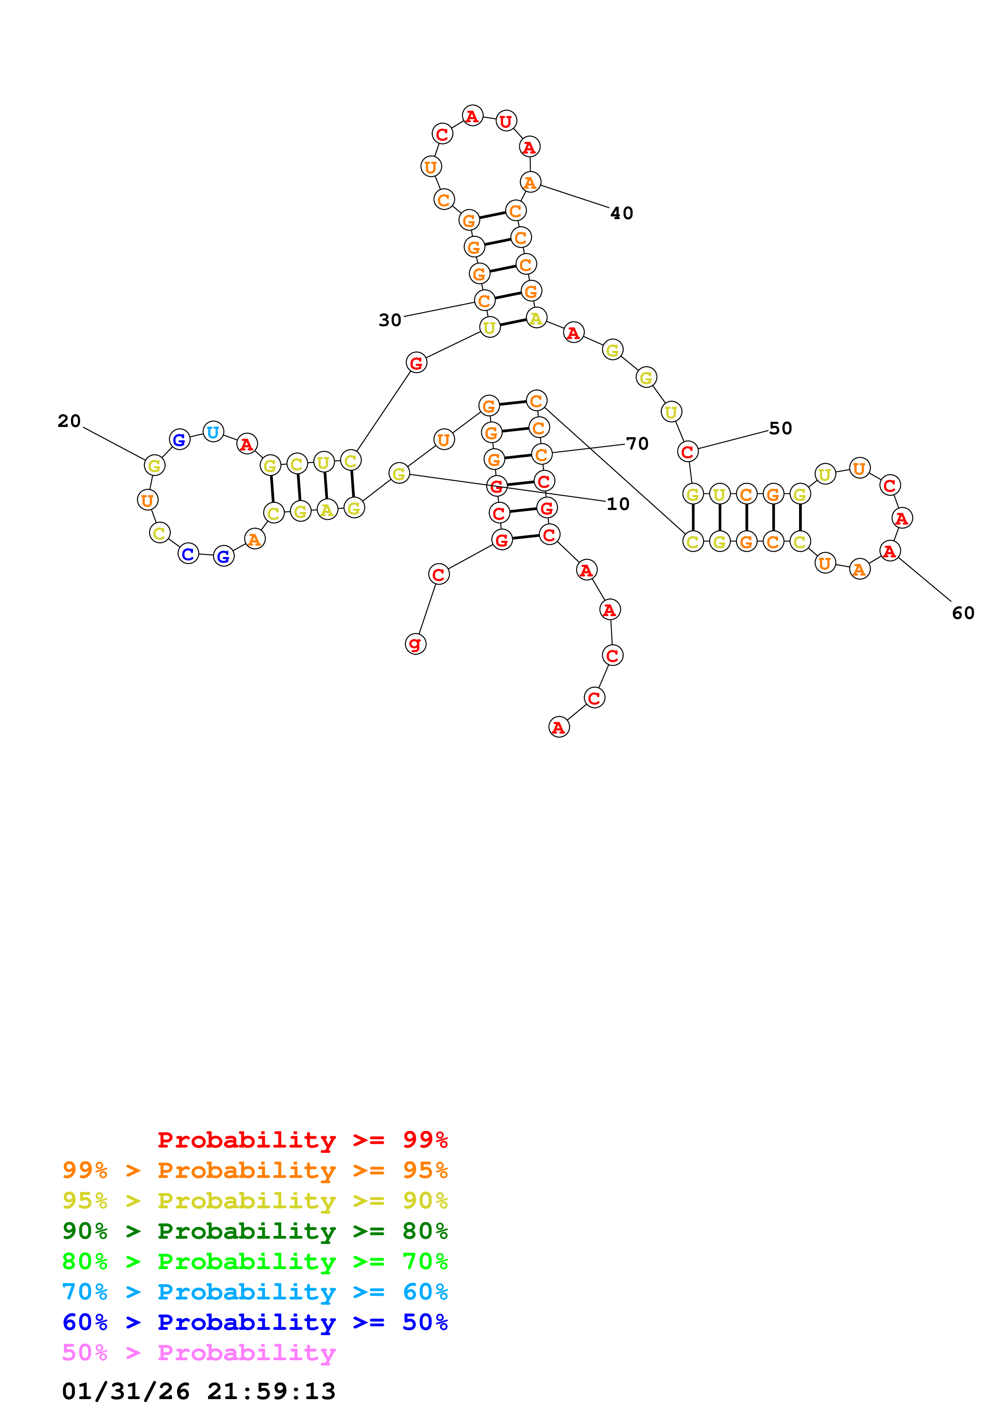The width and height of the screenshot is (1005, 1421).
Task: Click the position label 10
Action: coord(617,504)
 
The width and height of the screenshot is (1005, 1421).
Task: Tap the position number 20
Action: coord(69,421)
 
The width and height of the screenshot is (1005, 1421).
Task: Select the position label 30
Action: coord(390,320)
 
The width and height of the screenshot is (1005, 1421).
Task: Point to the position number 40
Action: coord(622,213)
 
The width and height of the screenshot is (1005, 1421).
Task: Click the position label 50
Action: coord(780,428)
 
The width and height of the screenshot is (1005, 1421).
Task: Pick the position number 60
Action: coord(963,613)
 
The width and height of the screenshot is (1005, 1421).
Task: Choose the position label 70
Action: coord(637,444)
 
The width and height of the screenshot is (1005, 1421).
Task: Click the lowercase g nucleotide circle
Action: coord(416,644)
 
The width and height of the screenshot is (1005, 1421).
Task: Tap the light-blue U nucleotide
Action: coord(213,432)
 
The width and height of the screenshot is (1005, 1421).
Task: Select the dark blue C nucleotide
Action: coord(188,554)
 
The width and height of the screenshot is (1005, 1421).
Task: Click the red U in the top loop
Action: coord(506,121)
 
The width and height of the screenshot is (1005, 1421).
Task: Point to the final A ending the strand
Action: coord(559,727)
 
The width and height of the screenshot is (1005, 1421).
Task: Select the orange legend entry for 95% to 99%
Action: coord(255,1170)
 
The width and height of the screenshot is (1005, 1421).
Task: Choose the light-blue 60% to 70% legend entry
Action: coord(255,1292)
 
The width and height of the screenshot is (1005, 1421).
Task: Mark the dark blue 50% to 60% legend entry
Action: coord(255,1322)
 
